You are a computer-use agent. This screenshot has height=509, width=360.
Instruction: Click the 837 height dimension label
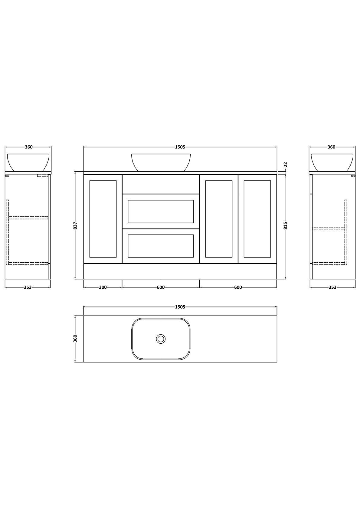point(76,225)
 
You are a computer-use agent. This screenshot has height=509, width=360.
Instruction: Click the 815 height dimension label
point(286,225)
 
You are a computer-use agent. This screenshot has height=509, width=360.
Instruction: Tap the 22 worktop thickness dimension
point(286,164)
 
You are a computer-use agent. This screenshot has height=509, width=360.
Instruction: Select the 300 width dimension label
point(103,287)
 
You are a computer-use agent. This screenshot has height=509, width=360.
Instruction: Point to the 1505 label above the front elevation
point(180,147)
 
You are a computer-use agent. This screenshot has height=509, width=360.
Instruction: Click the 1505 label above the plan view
point(180,307)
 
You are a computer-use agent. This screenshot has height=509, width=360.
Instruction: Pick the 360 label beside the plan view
point(76,339)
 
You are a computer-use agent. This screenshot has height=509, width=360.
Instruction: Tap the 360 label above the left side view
point(29,147)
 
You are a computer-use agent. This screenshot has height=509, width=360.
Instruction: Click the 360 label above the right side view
point(331,147)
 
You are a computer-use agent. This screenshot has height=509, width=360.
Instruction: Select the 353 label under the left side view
point(28,287)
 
